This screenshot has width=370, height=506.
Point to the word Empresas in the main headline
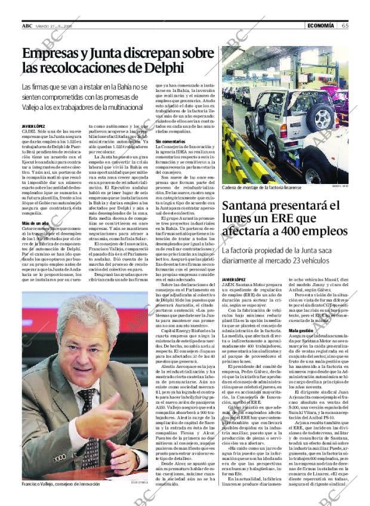point(54,53)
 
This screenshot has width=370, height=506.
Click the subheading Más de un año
point(35,223)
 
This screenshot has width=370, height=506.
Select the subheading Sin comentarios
point(171,141)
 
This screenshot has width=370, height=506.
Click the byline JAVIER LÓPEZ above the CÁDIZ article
point(33,126)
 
